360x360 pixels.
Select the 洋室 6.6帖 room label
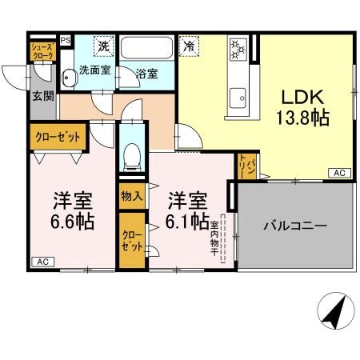pos(74,210)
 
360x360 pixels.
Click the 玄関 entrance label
pos(42,97)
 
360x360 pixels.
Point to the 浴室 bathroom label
pos(146,73)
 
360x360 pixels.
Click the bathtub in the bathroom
pos(148,49)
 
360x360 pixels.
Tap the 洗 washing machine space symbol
pos(104,46)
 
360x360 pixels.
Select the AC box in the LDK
pos(338,173)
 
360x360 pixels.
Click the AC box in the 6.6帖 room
pos(42,262)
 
